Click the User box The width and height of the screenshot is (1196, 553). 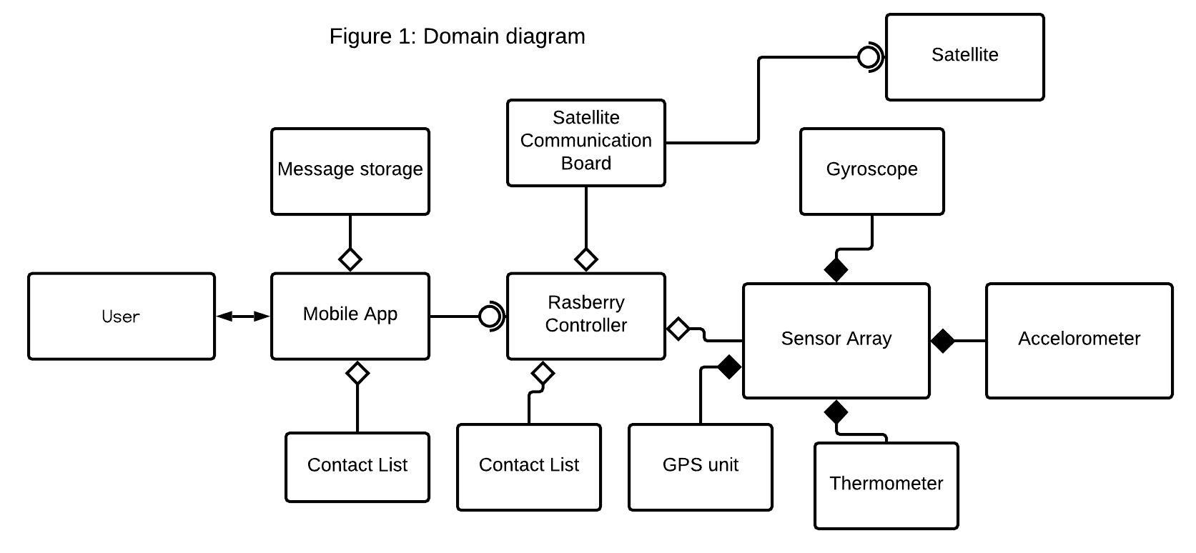pyautogui.click(x=121, y=316)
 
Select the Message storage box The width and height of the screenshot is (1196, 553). pyautogui.click(x=350, y=171)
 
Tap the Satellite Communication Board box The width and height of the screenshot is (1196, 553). pyautogui.click(x=585, y=142)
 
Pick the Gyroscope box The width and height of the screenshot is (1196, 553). pyautogui.click(x=871, y=171)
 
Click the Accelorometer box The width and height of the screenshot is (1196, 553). pyautogui.click(x=1079, y=340)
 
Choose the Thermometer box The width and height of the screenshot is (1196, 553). pyautogui.click(x=886, y=485)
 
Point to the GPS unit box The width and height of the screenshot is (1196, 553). pyautogui.click(x=700, y=467)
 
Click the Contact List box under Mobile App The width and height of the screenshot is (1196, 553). pyautogui.click(x=357, y=467)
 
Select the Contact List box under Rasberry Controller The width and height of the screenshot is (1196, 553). pyautogui.click(x=528, y=467)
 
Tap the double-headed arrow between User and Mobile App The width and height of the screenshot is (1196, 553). pyautogui.click(x=243, y=316)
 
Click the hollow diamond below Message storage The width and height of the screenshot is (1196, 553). pyautogui.click(x=350, y=259)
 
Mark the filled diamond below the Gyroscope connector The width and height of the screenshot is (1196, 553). pyautogui.click(x=836, y=270)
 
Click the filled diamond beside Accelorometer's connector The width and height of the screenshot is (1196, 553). pyautogui.click(x=943, y=341)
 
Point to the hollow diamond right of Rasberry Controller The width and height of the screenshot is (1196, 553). pyautogui.click(x=678, y=329)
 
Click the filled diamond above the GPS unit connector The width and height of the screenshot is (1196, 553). pyautogui.click(x=728, y=367)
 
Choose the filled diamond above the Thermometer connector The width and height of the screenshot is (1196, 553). pyautogui.click(x=836, y=412)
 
